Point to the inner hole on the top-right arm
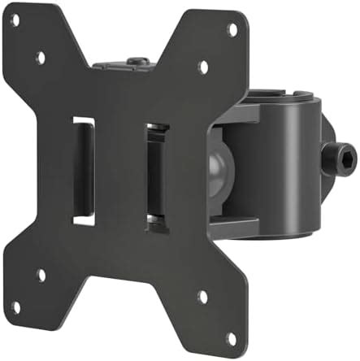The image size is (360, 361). pyautogui.click(x=202, y=67)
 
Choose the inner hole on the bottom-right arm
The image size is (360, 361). pyautogui.click(x=202, y=297)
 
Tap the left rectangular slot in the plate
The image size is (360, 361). pyautogui.click(x=83, y=170)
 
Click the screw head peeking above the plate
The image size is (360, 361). pyautogui.click(x=137, y=61)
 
